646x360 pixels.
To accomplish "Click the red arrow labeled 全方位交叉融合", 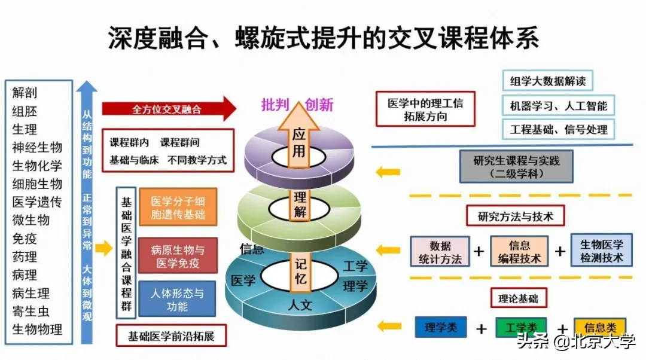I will coord(167,109).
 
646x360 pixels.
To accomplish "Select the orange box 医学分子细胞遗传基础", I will coord(178,208).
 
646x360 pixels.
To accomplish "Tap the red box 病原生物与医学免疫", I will coord(178,255).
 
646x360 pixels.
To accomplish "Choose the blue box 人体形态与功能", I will coord(177,299).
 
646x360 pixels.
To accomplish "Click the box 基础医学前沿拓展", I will coord(171,335).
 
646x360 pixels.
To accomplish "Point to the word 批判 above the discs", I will coord(275,105).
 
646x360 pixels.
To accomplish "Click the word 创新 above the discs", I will coord(319,105).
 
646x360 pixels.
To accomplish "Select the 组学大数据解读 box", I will coord(547,81).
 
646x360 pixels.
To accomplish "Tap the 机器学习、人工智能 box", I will coord(558,106).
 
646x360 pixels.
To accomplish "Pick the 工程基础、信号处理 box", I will coord(558,129).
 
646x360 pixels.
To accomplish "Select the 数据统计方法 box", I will coord(440,252).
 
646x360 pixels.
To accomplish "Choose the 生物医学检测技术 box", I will coord(601,251).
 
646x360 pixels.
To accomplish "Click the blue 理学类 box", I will coord(441,328).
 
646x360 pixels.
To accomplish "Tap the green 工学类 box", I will coord(521,328).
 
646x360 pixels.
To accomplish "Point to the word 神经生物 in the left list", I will coord(37,147).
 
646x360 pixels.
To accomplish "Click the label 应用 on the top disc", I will coord(298,144).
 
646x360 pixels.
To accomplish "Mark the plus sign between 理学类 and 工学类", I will coord(482,328).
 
